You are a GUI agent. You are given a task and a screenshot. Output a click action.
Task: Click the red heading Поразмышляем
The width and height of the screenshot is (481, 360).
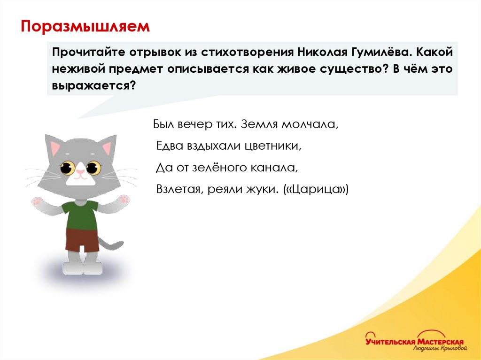85,26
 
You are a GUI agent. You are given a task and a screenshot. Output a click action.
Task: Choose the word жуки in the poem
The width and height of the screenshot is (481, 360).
264,189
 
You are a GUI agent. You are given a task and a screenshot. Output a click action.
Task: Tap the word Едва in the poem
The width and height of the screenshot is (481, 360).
169,146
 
